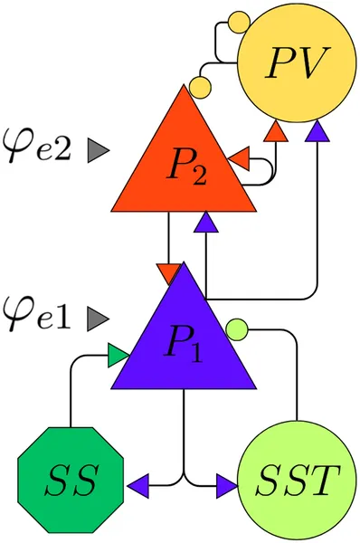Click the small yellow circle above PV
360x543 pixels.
coord(238,20)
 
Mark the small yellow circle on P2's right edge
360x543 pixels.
coord(201,88)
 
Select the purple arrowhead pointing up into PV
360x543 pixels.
coord(316,133)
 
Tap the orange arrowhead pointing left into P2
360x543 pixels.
coord(239,161)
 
